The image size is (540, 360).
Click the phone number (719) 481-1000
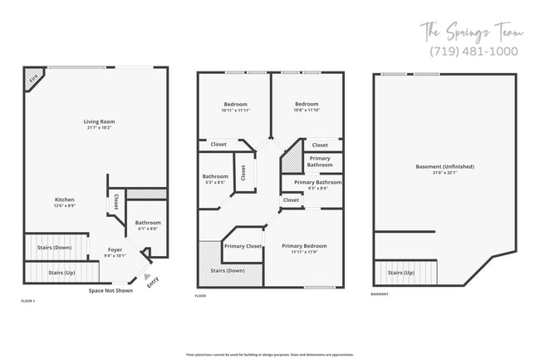click(x=473, y=52)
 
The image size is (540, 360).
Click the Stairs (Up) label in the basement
click(x=402, y=272)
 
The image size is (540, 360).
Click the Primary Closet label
click(x=243, y=246)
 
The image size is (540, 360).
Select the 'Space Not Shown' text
click(x=110, y=291)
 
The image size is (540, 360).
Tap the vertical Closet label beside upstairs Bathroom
click(x=243, y=172)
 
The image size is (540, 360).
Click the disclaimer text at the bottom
click(x=270, y=353)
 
